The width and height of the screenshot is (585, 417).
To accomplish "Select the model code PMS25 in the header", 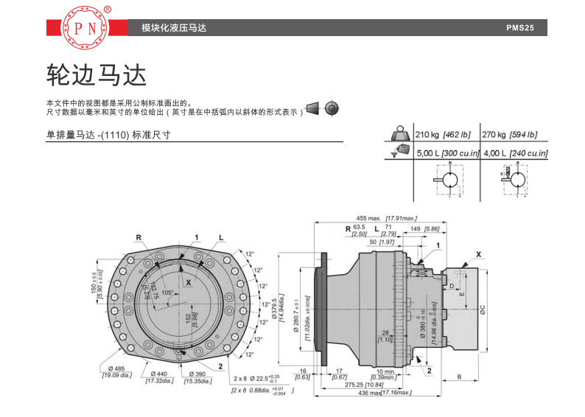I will [x=525, y=29].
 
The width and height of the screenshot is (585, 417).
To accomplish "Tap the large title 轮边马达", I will [x=97, y=74].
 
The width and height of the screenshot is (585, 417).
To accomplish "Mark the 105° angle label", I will [x=167, y=292].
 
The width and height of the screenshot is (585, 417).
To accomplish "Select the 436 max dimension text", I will [x=379, y=393].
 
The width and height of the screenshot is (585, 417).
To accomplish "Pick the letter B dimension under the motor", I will [x=459, y=376].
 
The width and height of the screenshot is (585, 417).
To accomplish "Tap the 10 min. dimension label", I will [x=384, y=371].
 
